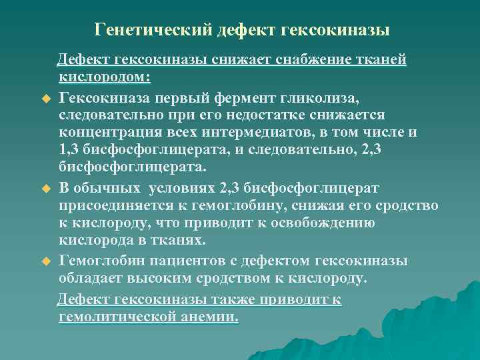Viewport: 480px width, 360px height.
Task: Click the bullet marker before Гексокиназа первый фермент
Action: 46,99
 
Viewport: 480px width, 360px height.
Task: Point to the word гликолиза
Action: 324,99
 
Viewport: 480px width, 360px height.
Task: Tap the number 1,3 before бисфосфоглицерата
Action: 69,149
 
